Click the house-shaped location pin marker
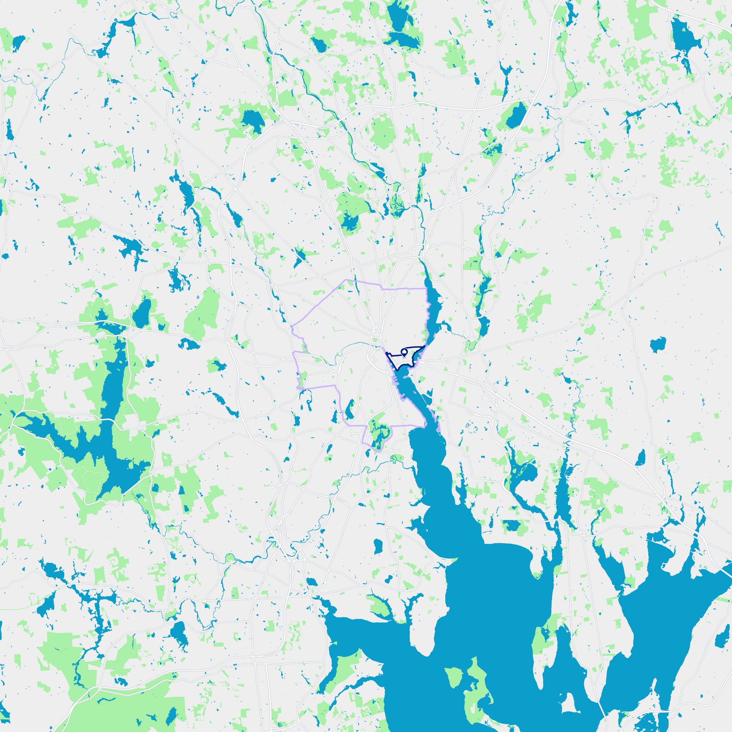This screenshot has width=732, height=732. [404, 352]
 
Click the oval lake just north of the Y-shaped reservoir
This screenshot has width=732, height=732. [142, 313]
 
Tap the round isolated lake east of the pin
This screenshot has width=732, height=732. [658, 344]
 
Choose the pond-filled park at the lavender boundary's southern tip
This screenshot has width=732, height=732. [378, 435]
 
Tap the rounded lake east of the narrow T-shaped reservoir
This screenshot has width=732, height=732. [178, 634]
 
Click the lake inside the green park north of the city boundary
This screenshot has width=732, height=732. [350, 222]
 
